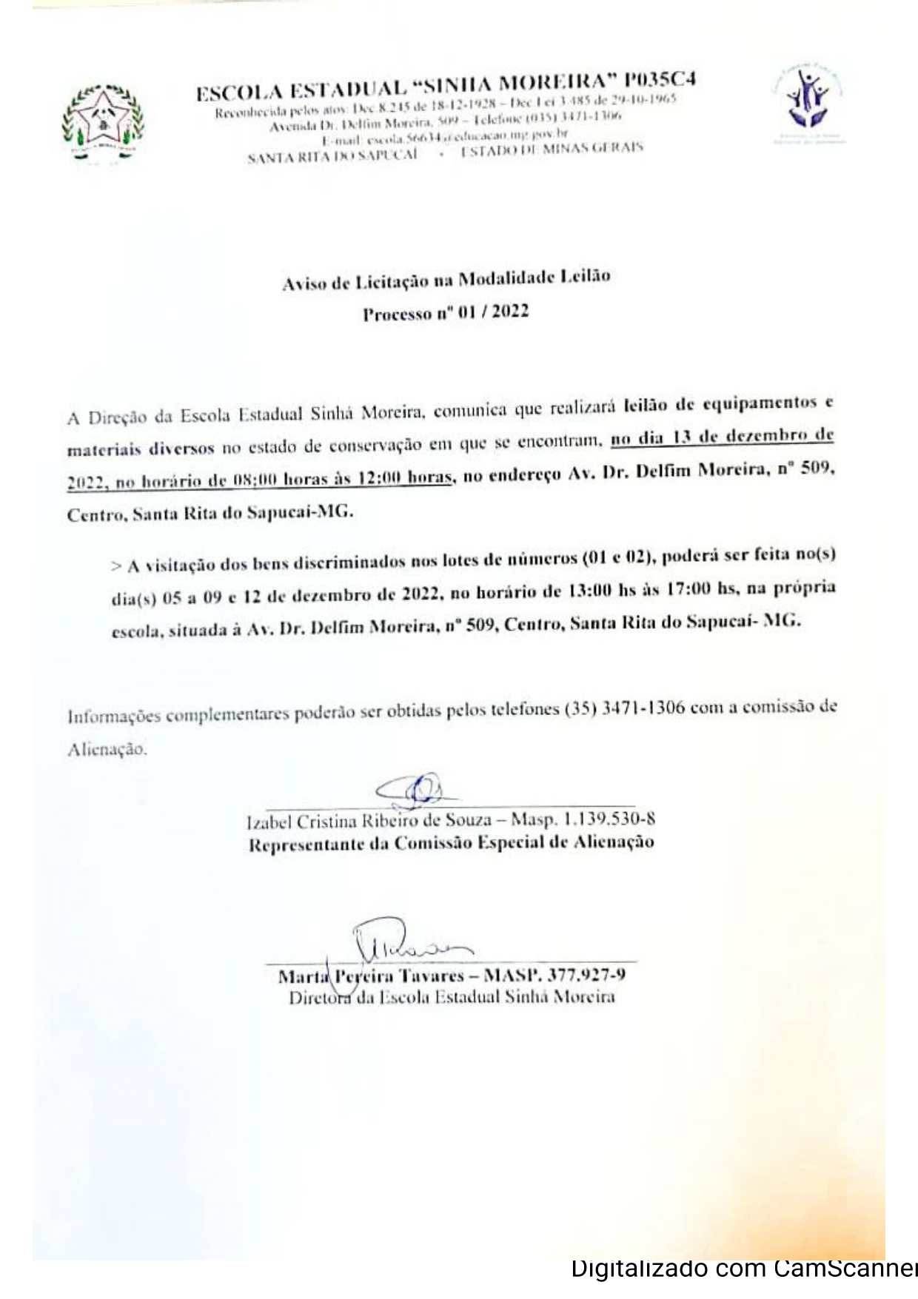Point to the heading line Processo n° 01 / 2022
pos(446,312)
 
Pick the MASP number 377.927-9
pos(586,975)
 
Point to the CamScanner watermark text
pos(743,1269)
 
